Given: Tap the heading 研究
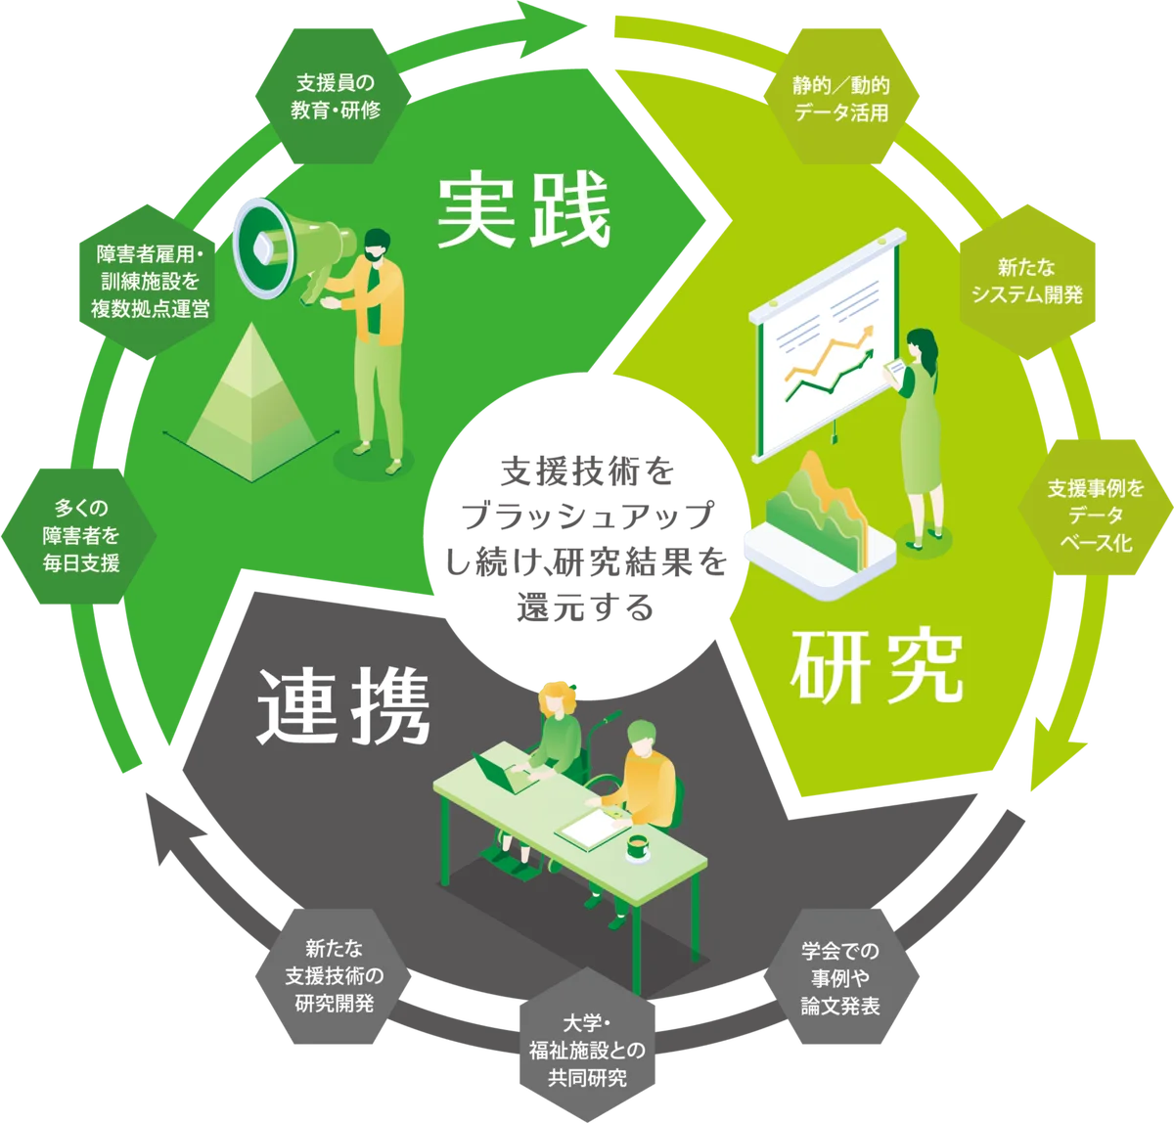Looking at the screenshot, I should [x=877, y=668].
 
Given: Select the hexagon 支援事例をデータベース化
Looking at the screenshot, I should [x=1094, y=515].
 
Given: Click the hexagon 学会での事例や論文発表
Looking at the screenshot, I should [x=840, y=977].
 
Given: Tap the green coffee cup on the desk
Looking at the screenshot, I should [x=638, y=847].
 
